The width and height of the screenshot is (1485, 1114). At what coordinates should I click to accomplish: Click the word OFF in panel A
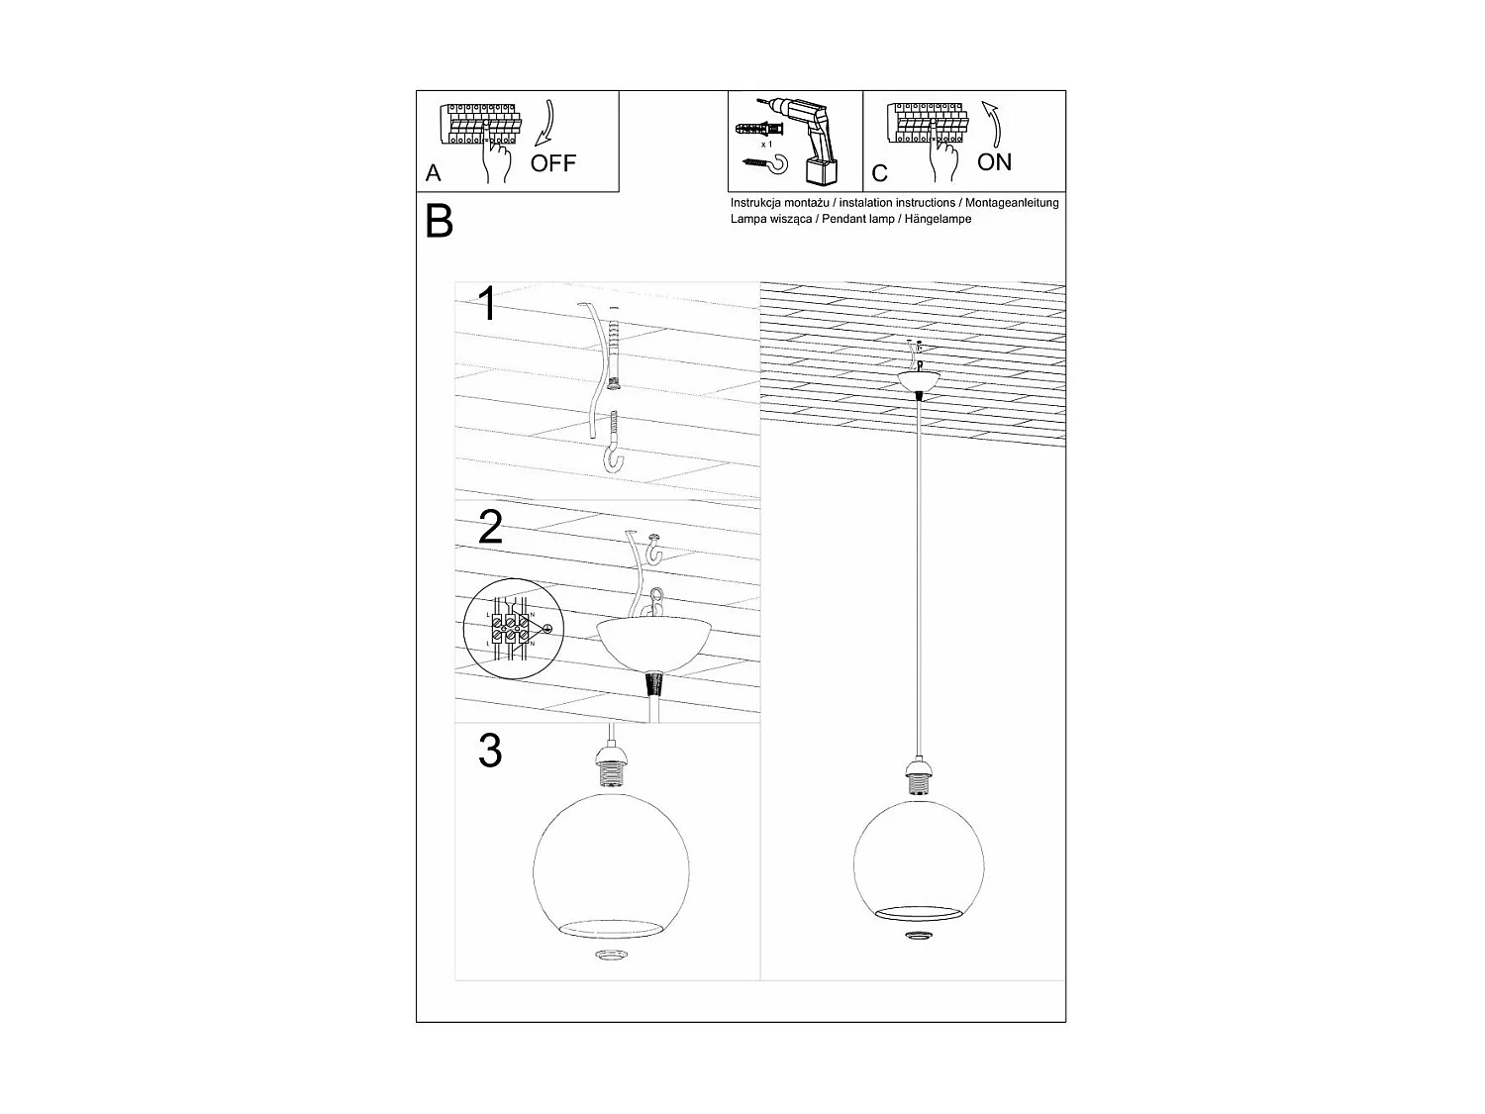pyautogui.click(x=552, y=163)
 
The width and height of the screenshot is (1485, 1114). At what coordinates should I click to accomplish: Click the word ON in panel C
pyautogui.click(x=994, y=161)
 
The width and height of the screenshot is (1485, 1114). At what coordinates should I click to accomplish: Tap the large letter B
pyautogui.click(x=439, y=222)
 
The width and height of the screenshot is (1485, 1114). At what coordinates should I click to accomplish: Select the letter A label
pyautogui.click(x=433, y=173)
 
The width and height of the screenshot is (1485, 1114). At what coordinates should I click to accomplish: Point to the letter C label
pyautogui.click(x=880, y=174)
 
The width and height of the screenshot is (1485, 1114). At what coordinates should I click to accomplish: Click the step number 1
pyautogui.click(x=487, y=304)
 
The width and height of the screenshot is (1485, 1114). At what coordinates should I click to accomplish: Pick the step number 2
pyautogui.click(x=490, y=528)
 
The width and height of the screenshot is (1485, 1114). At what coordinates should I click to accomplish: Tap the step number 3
pyautogui.click(x=490, y=752)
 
